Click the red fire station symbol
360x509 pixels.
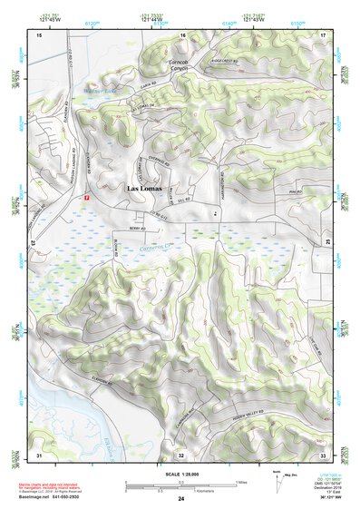click(86, 196)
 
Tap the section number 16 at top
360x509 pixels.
click(182, 34)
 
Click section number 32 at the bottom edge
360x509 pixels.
click(181, 454)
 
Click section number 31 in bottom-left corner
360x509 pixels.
click(39, 453)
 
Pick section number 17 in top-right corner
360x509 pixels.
click(322, 34)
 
